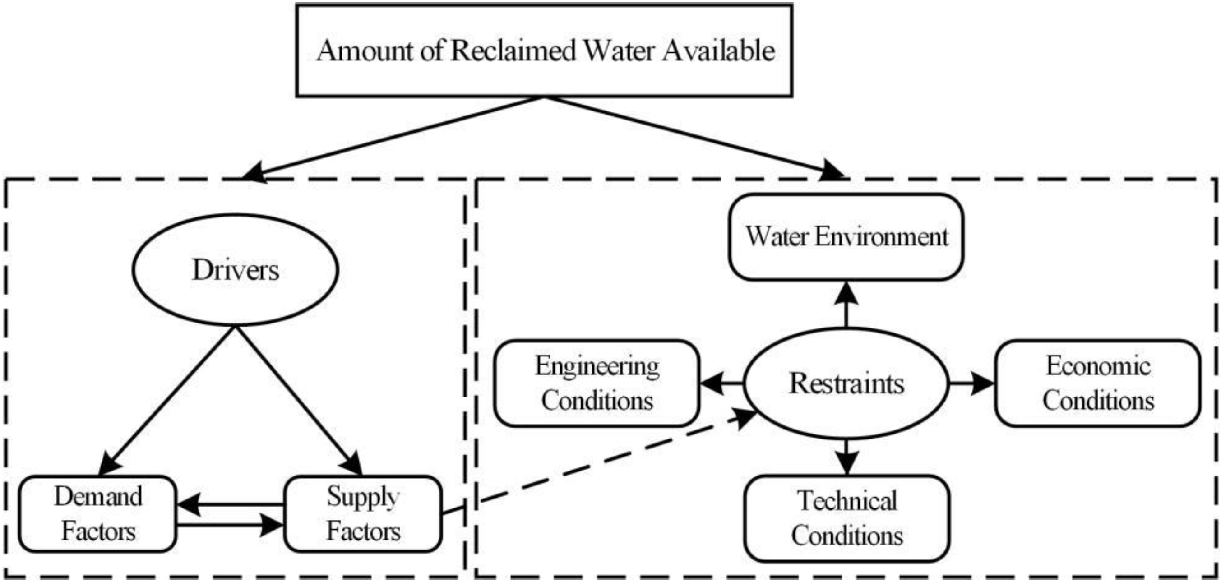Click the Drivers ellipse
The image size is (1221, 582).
pyautogui.click(x=236, y=270)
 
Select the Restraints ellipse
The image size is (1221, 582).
pyautogui.click(x=846, y=383)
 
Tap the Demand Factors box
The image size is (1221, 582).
pyautogui.click(x=97, y=514)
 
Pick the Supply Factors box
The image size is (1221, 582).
pyautogui.click(x=363, y=514)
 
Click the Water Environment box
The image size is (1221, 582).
pyautogui.click(x=846, y=236)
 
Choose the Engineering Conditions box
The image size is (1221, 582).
pyautogui.click(x=597, y=383)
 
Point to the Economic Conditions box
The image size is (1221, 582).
pyautogui.click(x=1097, y=383)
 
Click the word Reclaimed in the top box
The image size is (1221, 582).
pyautogui.click(x=513, y=50)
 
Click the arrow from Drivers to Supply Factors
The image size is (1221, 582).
pyautogui.click(x=299, y=401)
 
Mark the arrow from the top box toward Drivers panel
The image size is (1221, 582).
pyautogui.click(x=393, y=138)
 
